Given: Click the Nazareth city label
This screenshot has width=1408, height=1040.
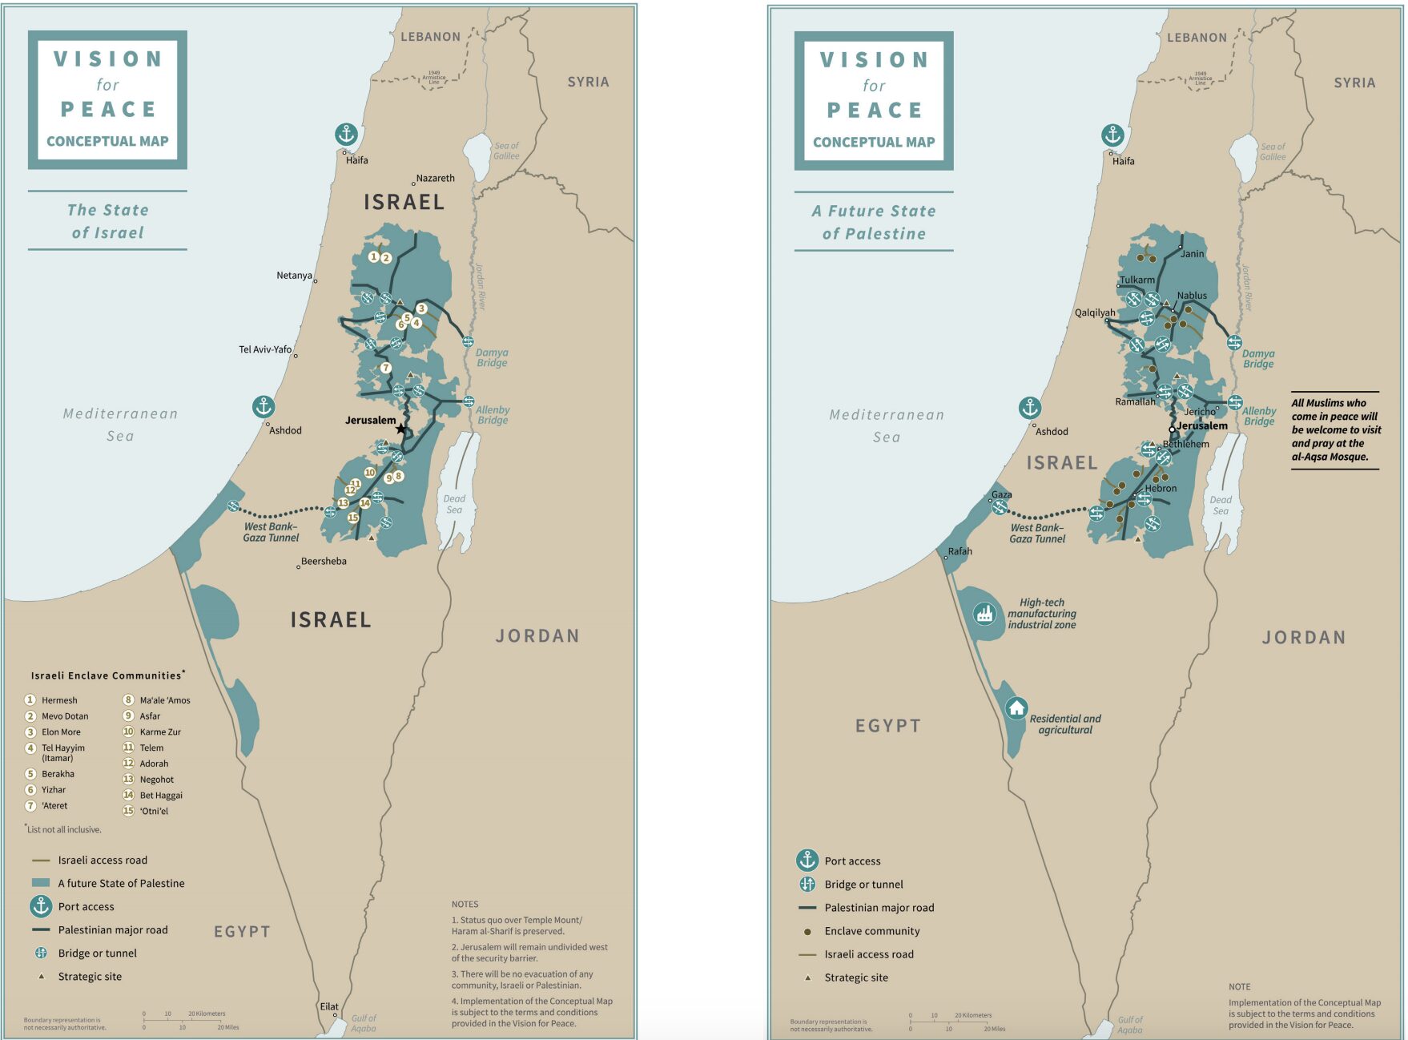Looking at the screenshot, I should click(x=435, y=178).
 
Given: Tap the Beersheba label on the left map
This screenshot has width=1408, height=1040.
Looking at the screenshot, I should click(x=324, y=561).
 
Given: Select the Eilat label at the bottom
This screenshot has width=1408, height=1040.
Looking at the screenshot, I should click(x=329, y=1006).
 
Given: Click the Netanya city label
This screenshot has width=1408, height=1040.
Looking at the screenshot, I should click(x=294, y=276).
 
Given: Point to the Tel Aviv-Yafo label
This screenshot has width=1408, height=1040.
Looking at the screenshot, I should click(x=265, y=349).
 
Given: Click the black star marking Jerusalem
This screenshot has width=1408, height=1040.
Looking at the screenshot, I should click(x=400, y=429).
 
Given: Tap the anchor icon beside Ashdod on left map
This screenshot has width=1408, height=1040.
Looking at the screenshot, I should click(x=263, y=406).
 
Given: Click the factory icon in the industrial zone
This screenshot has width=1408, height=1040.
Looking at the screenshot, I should click(x=984, y=615).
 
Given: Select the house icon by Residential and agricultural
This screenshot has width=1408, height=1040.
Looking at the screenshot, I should click(x=1016, y=708).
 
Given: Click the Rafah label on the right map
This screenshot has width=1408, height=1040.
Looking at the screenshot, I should click(x=959, y=551).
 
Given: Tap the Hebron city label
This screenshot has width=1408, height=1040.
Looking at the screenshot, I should click(x=1161, y=488).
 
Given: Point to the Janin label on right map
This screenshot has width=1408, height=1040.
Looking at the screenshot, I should click(x=1192, y=254).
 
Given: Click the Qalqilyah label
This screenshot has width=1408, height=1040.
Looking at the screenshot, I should click(x=1095, y=312).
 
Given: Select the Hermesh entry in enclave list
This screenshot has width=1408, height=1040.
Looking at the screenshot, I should click(x=59, y=700).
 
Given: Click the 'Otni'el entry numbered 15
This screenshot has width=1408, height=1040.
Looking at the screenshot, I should click(x=154, y=811).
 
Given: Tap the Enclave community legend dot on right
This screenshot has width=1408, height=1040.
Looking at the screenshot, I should click(x=807, y=931).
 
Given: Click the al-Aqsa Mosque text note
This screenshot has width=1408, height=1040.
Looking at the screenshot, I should click(x=1335, y=430).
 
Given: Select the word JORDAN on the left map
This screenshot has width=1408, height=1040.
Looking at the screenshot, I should click(x=537, y=636).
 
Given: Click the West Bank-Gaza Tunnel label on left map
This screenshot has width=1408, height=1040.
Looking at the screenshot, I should click(x=271, y=532).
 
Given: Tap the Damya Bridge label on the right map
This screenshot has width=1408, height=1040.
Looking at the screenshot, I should click(x=1258, y=358).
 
